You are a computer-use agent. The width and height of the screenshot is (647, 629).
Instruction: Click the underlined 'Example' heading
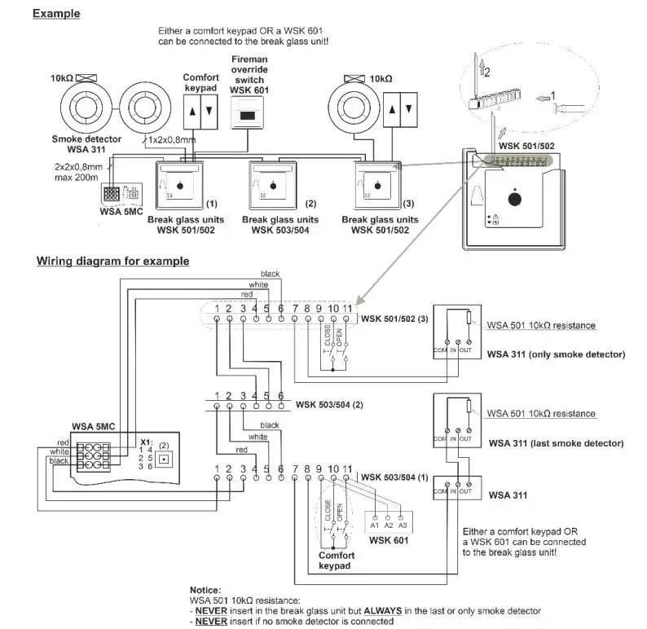[55, 14]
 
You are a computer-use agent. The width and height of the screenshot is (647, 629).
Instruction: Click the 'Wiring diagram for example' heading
[112, 262]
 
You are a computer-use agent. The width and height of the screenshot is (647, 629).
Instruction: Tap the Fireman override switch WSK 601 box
[249, 116]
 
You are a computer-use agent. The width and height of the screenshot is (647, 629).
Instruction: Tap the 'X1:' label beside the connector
[146, 440]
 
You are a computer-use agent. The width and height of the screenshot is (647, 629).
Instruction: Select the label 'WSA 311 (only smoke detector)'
[555, 354]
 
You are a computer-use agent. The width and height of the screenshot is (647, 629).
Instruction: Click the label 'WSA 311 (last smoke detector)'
[555, 443]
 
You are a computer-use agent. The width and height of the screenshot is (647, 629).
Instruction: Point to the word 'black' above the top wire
[270, 273]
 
